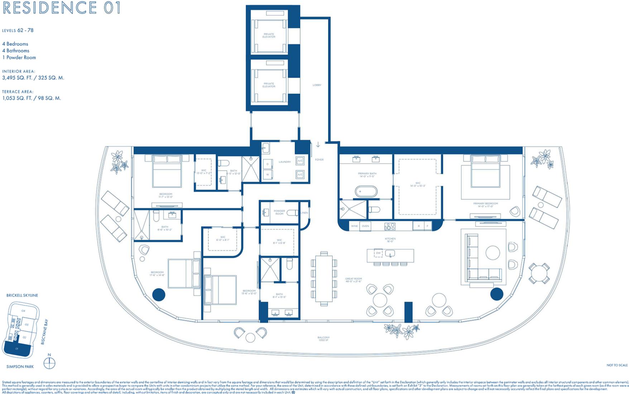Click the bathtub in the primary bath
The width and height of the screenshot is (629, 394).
tap(366, 191)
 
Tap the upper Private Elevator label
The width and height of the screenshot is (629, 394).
tap(269, 35)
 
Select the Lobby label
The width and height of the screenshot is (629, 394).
tap(317, 85)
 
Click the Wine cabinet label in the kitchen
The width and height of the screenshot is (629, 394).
tap(354, 226)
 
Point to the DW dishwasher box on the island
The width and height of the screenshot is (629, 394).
tap(378, 253)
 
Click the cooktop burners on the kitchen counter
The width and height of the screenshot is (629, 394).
tap(389, 226)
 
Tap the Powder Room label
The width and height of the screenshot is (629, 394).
tap(279, 212)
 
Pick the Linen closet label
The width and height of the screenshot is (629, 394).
tap(304, 213)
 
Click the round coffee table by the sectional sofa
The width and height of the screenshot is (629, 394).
tap(493, 253)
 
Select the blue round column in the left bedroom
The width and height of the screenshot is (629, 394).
tap(159, 294)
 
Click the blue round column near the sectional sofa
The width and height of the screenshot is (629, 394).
tap(496, 294)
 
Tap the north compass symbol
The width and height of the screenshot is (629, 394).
tap(49, 363)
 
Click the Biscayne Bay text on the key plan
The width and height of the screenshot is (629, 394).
tap(44, 332)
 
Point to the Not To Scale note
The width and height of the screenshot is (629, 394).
tap(617, 365)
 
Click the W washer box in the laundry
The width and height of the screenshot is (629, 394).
tap(267, 175)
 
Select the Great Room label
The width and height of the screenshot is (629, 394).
tap(353, 280)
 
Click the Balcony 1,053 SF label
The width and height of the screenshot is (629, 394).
tap(323, 338)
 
